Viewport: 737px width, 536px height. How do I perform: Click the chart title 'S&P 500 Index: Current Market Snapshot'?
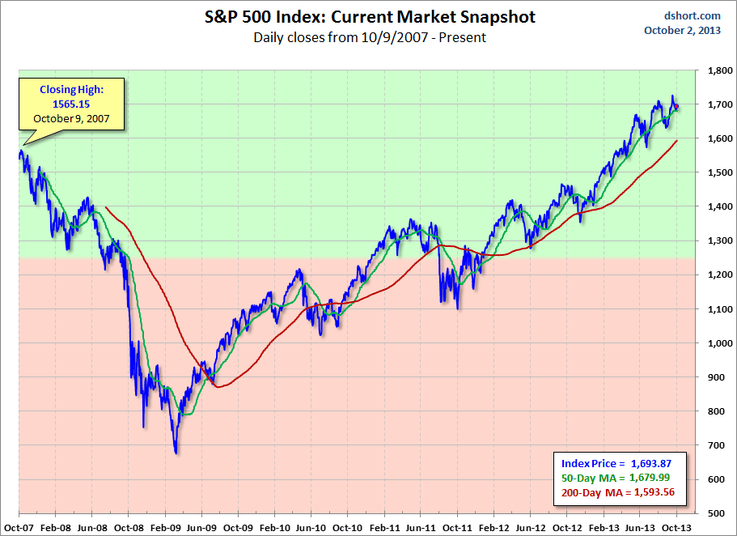[369, 16]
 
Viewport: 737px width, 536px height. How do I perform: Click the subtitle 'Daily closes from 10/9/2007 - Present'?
[369, 36]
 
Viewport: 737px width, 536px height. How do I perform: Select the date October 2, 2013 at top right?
[683, 31]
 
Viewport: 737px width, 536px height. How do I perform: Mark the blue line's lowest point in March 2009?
[176, 453]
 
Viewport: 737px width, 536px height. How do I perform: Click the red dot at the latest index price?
[676, 107]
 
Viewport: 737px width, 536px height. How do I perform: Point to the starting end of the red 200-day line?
[107, 207]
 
